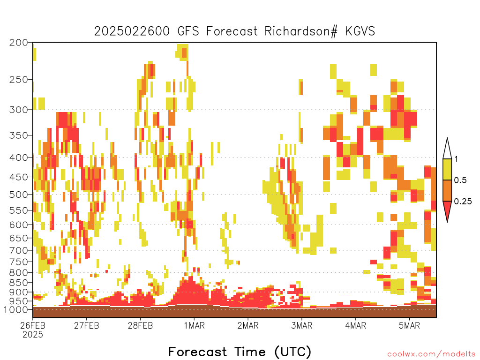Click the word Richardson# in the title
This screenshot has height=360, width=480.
pos(301,31)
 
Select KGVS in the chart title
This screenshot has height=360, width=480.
pos(360,31)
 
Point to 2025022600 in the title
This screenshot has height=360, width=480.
pos(132,31)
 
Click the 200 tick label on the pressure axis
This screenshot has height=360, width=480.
pos(18,43)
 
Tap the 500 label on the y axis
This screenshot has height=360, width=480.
pos(18,195)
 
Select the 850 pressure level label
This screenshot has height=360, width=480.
pos(18,283)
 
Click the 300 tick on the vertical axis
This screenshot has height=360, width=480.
pos(18,110)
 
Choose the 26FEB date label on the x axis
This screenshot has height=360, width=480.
pos(33,325)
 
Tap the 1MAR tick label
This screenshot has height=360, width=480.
pos(194,325)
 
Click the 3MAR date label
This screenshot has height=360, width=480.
pos(301,325)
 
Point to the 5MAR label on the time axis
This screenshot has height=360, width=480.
pos(409,325)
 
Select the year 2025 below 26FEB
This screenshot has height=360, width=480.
pos(33,335)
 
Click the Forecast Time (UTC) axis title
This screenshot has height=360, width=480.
pos(240,352)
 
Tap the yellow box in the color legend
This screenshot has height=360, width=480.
pos(447,169)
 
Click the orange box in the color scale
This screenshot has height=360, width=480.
pos(447,190)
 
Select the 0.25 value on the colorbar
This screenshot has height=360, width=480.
pos(463,202)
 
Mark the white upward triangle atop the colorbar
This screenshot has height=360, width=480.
pos(447,149)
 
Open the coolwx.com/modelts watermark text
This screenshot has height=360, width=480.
pos(431,354)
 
